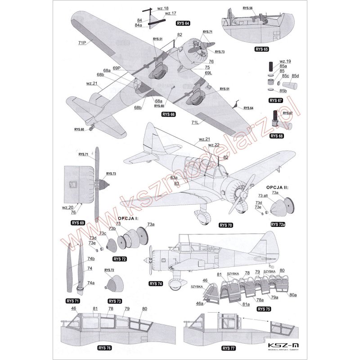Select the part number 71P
82,42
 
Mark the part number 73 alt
263,197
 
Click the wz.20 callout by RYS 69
67,207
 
